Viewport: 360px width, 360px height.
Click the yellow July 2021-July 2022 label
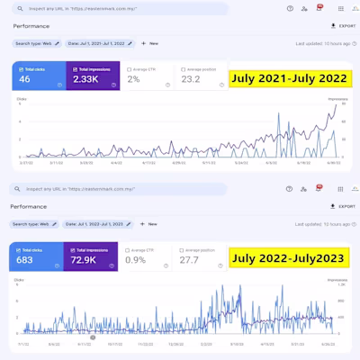(288, 78)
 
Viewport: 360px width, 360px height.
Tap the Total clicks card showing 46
(37, 77)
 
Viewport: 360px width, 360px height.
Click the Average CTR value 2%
(133, 80)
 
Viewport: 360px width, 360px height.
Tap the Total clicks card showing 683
(35, 257)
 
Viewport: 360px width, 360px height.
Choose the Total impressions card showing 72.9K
(89, 257)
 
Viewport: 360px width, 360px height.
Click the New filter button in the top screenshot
(149, 43)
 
